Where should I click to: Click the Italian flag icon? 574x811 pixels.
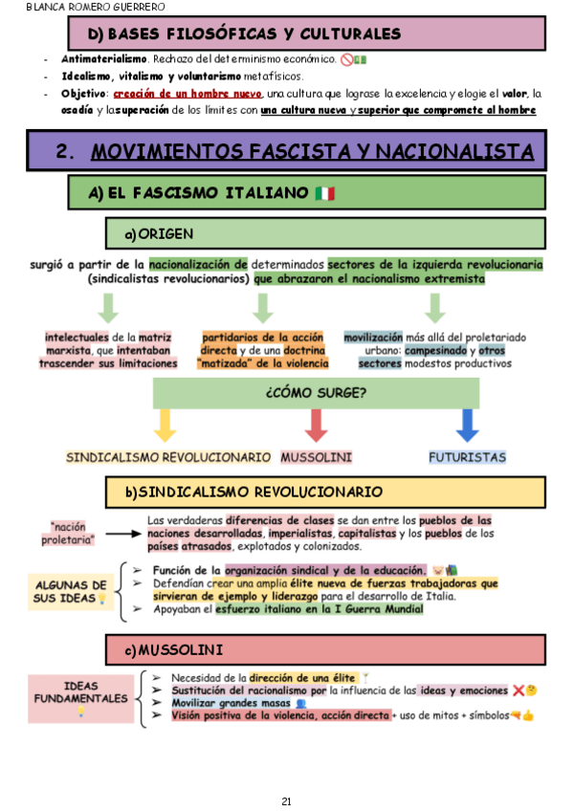324,193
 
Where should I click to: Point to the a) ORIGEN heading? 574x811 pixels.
159,234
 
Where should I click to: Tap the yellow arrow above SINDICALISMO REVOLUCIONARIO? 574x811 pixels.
166,424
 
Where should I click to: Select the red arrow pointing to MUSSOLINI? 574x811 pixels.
317,424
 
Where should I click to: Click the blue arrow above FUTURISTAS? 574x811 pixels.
467,424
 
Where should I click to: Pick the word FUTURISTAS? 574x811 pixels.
467,457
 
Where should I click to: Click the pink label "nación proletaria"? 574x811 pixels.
73,533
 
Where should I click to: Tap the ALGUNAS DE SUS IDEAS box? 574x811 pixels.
71,591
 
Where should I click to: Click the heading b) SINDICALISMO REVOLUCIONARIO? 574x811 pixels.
254,493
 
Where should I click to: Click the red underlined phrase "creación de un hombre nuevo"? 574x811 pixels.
188,94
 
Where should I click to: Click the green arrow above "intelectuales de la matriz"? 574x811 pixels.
108,307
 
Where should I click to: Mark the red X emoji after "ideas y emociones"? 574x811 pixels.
518,690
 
